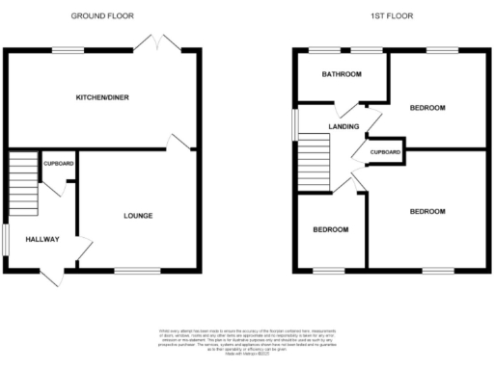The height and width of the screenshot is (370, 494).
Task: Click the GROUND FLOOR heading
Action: [101, 16]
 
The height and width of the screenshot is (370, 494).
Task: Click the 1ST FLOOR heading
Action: [391, 16]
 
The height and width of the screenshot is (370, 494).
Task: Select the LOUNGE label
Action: [137, 215]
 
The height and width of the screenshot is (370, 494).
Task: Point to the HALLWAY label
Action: [42, 240]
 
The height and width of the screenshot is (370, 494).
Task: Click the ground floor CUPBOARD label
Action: [58, 164]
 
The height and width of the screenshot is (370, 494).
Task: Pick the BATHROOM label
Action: [343, 74]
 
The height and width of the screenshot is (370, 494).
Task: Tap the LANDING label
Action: [343, 126]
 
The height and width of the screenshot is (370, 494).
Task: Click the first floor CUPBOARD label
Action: [386, 152]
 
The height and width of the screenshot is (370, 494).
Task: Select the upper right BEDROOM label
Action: [426, 108]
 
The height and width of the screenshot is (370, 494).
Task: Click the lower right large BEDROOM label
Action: [425, 211]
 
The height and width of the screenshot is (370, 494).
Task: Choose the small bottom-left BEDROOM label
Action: [330, 229]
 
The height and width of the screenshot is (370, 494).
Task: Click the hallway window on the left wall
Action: [4, 241]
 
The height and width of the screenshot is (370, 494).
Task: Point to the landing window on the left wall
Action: [296, 121]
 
